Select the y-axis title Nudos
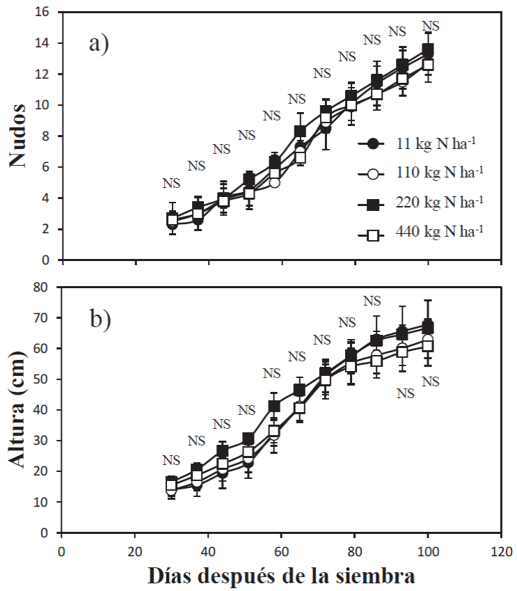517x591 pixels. (x=19, y=135)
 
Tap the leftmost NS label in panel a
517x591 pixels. (x=171, y=183)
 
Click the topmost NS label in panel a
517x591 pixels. (x=431, y=26)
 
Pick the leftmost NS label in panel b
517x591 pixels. (x=171, y=459)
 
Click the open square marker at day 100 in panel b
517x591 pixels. (x=428, y=345)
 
